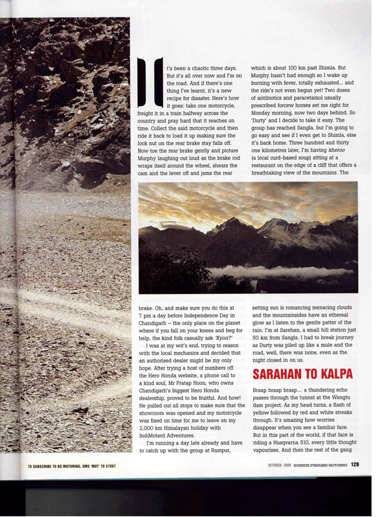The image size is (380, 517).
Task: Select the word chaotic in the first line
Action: point(202,67)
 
